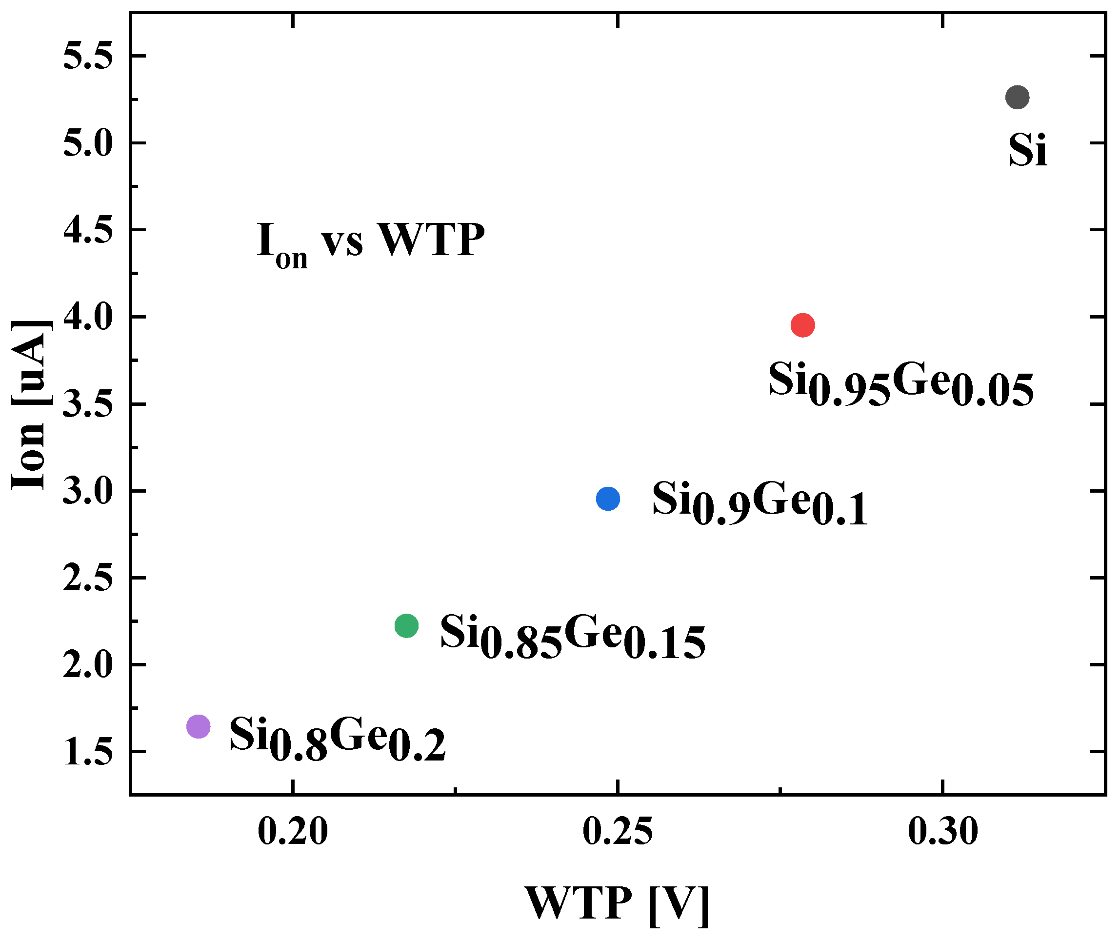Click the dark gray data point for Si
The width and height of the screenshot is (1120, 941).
coord(1017,97)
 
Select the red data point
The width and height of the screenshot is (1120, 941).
coord(802,325)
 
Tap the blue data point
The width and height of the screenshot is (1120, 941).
coord(608,499)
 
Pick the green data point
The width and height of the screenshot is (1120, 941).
coord(406,625)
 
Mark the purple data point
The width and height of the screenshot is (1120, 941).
coord(199,726)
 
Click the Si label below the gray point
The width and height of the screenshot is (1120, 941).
coord(1027,151)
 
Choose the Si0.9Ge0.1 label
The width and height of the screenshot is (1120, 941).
coord(760,502)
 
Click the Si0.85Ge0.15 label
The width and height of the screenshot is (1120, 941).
coord(573,635)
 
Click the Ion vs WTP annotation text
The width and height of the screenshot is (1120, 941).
coord(371,243)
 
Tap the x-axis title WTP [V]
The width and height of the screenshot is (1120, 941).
coord(617,903)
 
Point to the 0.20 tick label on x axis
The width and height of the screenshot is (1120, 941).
coord(292,832)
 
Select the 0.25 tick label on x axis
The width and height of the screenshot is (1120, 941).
coord(618,832)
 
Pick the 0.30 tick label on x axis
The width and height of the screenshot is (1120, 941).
coord(943,832)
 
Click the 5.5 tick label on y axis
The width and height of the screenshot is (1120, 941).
coord(88,56)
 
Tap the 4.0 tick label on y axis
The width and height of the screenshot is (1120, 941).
coord(88,318)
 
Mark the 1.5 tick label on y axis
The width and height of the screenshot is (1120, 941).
coord(88,752)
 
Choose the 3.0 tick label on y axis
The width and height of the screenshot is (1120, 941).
coord(88,491)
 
